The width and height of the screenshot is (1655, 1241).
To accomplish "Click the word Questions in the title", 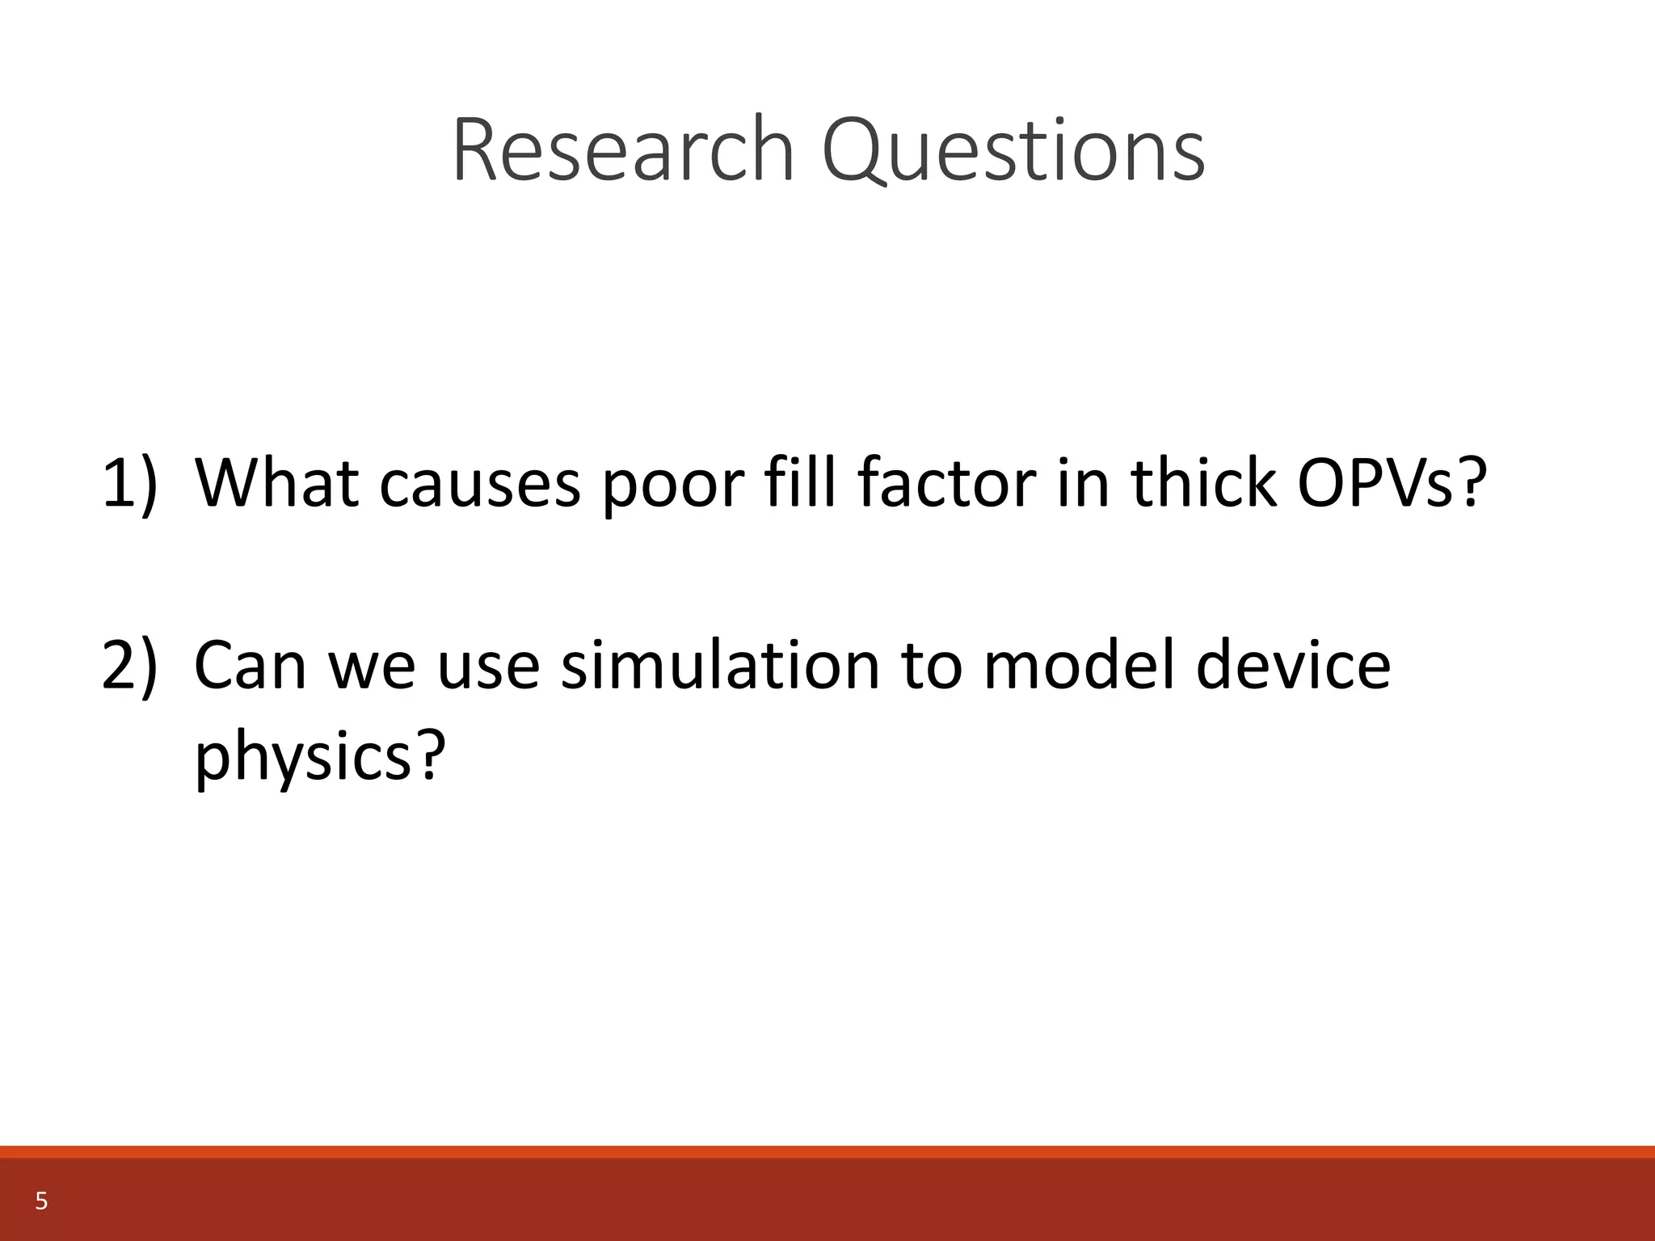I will click(1013, 151).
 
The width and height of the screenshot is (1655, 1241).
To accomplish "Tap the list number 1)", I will click(129, 483).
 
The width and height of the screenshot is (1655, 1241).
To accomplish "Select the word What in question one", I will click(277, 483).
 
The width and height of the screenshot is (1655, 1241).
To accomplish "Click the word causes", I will click(480, 483).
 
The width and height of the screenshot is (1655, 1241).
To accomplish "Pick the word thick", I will click(1204, 483).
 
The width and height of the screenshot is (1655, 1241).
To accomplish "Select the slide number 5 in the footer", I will click(41, 1202).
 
